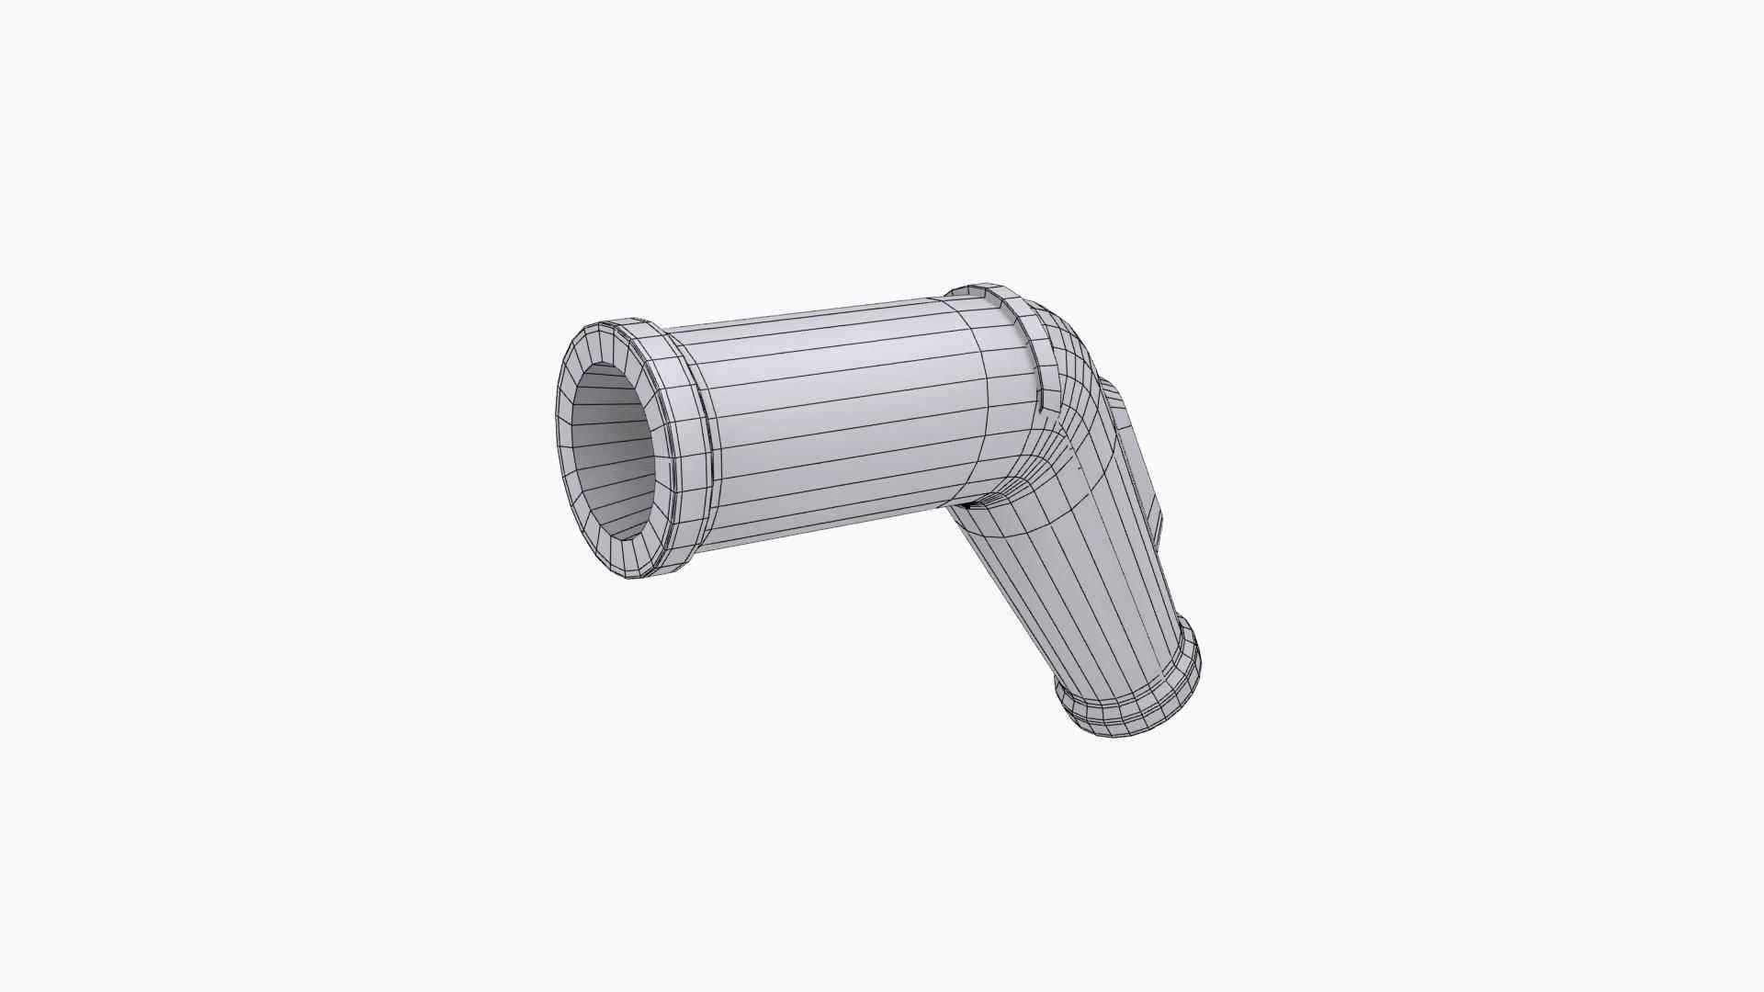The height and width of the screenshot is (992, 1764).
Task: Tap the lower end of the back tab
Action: pyautogui.click(x=1159, y=537)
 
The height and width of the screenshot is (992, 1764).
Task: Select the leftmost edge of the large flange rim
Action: pyautogui.click(x=556, y=441)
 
